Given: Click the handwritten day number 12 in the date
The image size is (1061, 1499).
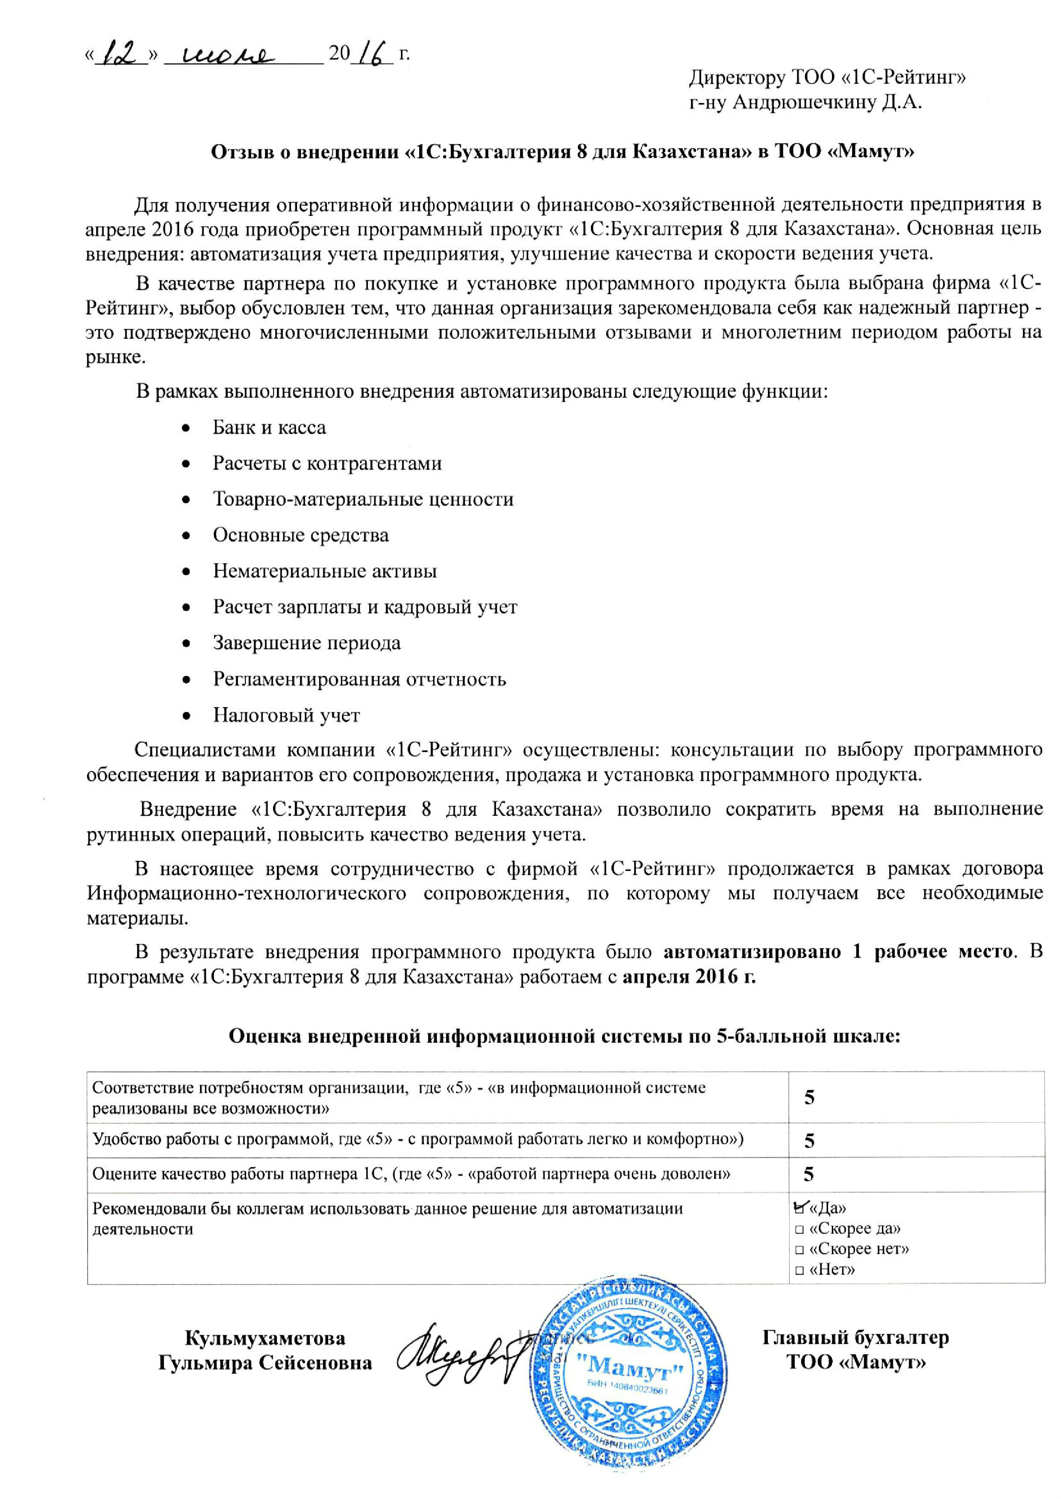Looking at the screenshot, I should click(121, 53).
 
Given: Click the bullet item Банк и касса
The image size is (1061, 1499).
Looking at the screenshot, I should click(269, 428).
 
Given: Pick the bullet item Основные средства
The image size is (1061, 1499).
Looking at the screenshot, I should click(300, 535).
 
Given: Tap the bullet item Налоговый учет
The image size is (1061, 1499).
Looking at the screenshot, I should click(286, 715).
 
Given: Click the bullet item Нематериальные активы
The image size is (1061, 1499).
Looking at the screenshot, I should click(325, 571).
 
